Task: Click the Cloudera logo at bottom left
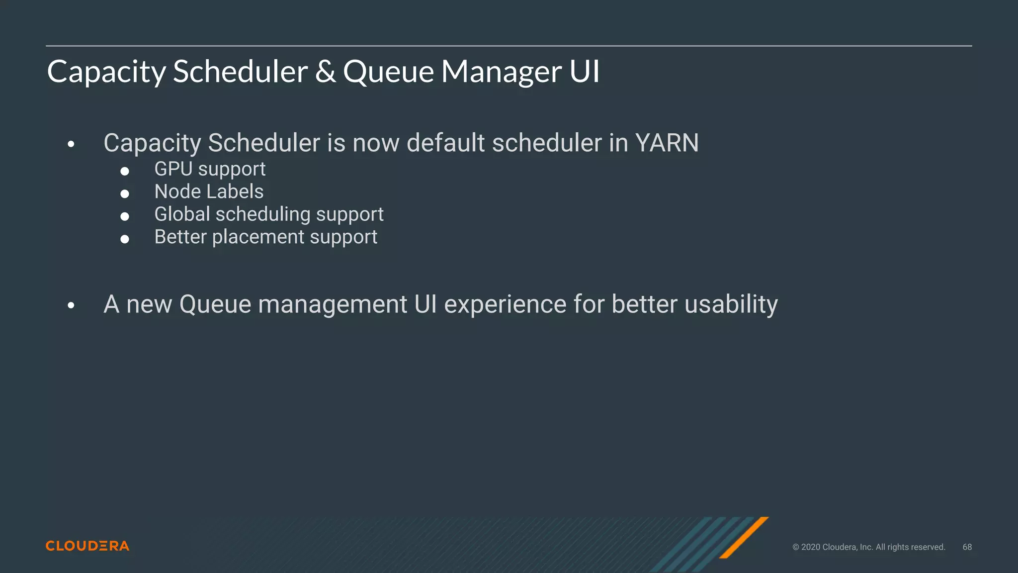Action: pyautogui.click(x=87, y=546)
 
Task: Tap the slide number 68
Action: pyautogui.click(x=967, y=547)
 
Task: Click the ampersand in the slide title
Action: pyautogui.click(x=325, y=71)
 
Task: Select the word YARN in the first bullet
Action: pyautogui.click(x=667, y=143)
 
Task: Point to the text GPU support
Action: pyautogui.click(x=210, y=169)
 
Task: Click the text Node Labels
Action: pyautogui.click(x=209, y=191)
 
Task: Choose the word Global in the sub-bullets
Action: pyautogui.click(x=182, y=214)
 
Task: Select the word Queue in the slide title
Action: pyautogui.click(x=388, y=71)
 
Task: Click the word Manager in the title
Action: pyautogui.click(x=502, y=71)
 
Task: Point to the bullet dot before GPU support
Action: pyautogui.click(x=125, y=171)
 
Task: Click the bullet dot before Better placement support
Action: pyautogui.click(x=125, y=239)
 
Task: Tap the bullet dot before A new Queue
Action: pyautogui.click(x=71, y=305)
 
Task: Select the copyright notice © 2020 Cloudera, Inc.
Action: pyautogui.click(x=868, y=547)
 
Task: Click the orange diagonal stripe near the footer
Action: pyautogui.click(x=744, y=538)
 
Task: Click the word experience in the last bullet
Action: pyautogui.click(x=505, y=304)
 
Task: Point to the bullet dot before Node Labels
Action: pyautogui.click(x=125, y=193)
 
